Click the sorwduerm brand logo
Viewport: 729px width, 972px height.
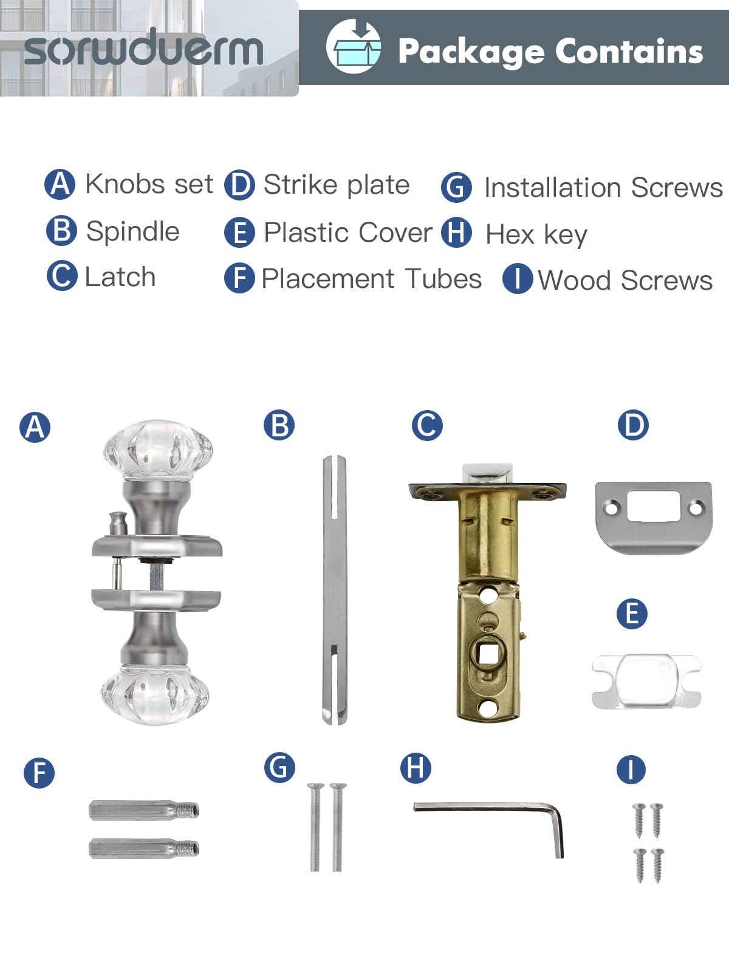click(143, 49)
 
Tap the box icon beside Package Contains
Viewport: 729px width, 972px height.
click(353, 47)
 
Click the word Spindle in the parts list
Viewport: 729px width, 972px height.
click(132, 231)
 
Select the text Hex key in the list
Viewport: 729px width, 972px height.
click(536, 234)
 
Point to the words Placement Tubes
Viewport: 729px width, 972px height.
click(371, 278)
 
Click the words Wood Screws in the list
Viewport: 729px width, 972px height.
click(625, 280)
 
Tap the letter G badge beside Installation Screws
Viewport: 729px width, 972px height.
click(456, 188)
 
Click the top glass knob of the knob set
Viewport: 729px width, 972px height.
click(158, 450)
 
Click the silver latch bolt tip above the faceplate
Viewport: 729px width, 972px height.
click(487, 473)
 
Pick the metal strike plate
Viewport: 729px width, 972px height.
click(654, 517)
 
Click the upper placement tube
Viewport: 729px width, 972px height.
click(144, 810)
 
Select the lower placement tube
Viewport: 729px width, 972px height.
click(144, 849)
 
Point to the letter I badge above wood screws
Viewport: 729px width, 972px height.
click(631, 769)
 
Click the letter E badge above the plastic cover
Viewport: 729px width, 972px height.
click(632, 614)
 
